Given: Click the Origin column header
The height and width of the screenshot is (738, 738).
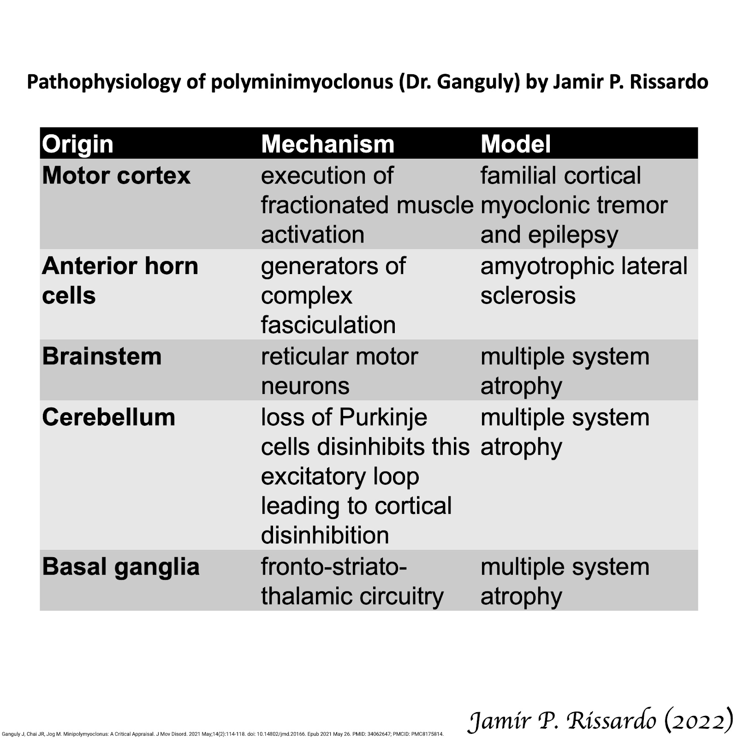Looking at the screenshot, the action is point(77,144).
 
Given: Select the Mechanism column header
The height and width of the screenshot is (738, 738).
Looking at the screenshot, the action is point(327,144).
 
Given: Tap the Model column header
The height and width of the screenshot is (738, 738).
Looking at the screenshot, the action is point(516,144).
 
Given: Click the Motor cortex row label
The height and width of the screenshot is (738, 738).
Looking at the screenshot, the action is point(116,176).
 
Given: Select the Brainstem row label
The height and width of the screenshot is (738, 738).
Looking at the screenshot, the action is point(102,357).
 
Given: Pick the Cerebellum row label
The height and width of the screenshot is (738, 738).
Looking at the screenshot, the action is point(109,417).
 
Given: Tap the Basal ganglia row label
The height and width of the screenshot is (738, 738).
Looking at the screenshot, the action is point(121,567).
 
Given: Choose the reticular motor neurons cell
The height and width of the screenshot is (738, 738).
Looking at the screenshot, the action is point(339,371).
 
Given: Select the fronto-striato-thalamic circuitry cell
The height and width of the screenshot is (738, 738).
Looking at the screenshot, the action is point(352,582).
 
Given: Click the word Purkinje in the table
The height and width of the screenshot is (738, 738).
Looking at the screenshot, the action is point(383,417).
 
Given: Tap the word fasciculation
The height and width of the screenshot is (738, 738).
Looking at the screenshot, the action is point(328,325).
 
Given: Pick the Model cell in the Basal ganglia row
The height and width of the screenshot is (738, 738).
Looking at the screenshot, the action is point(565,582).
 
